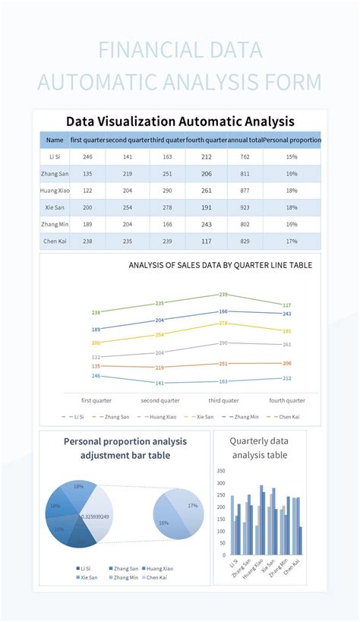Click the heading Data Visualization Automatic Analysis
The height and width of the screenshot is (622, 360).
coord(180,122)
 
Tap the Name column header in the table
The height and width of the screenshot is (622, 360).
coord(55,140)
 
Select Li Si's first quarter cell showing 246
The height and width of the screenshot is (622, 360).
coord(87,156)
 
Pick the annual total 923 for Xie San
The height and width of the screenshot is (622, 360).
coord(245,207)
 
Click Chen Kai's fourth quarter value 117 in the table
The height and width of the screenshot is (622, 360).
coord(207,241)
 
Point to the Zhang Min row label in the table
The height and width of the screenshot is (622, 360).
coord(55,224)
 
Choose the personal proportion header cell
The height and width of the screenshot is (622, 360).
coord(292,140)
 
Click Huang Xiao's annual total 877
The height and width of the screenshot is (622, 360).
coord(245,191)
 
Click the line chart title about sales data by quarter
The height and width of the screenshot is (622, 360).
coord(220,265)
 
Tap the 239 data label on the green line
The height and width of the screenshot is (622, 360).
coord(223,294)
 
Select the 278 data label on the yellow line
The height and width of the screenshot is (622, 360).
coord(223,324)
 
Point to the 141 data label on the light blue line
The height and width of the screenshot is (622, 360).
coord(159,384)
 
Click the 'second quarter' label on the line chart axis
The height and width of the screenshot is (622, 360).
coord(160,400)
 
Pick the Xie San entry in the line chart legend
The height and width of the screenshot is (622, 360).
coord(203,417)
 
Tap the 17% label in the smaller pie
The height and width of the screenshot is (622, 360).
coord(192,505)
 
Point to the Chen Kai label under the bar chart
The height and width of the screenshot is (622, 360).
coord(293,568)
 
